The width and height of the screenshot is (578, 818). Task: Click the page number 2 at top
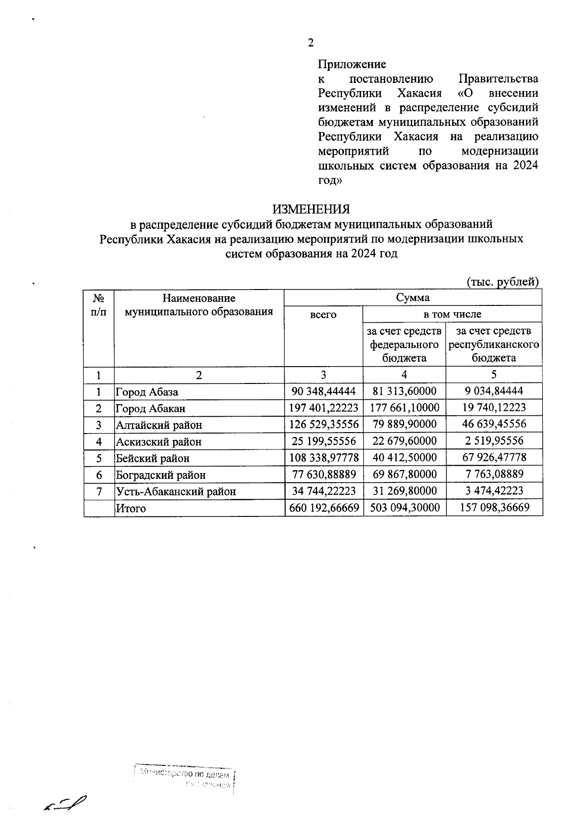click(311, 43)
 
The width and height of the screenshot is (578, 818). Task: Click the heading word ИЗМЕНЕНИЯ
click(311, 210)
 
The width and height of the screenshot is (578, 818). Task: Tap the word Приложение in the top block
click(352, 64)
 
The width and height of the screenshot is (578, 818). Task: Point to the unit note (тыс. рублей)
click(503, 281)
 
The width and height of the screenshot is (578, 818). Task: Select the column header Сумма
click(412, 298)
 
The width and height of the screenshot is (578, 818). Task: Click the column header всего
click(323, 315)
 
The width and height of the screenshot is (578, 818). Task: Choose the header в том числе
click(452, 315)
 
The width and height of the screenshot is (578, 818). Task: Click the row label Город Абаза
click(146, 392)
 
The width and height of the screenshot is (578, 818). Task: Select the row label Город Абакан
click(150, 409)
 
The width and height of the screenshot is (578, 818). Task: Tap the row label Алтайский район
click(158, 425)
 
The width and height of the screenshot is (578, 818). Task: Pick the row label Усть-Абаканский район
click(176, 492)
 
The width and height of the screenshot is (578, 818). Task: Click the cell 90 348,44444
click(323, 391)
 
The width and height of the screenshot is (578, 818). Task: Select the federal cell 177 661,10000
click(405, 408)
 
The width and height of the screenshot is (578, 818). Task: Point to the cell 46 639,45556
click(494, 424)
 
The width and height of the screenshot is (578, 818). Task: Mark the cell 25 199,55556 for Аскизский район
click(323, 441)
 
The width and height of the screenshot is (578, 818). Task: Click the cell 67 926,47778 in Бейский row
click(494, 458)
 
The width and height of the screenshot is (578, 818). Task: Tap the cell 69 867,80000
click(405, 475)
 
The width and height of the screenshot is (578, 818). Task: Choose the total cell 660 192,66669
click(323, 508)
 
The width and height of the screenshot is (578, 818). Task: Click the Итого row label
click(131, 508)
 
